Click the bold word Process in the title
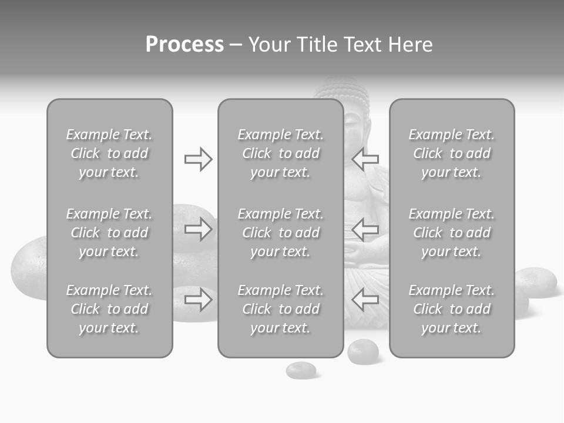coord(184,45)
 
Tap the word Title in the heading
coord(318,45)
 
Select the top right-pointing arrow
coord(199,159)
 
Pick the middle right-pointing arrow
coord(199,229)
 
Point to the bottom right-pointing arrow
coord(199,300)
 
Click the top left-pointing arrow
coord(365,159)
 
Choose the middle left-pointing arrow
coord(365,229)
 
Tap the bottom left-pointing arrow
coord(365,300)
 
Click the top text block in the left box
coord(109,153)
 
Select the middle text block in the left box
coord(109,233)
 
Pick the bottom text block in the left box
coord(109,309)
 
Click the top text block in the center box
coord(280,153)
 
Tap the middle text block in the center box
coord(280,233)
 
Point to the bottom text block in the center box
coord(280,309)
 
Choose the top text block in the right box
coord(451,153)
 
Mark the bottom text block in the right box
coord(451,309)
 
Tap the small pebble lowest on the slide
coord(301,370)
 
